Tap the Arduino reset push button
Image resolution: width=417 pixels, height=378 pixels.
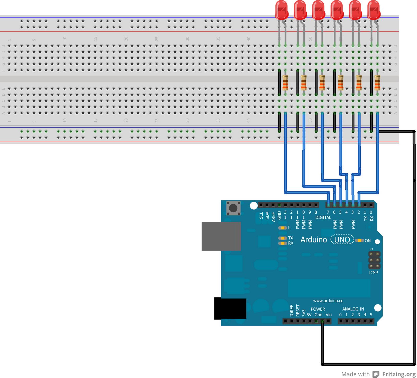(x=233, y=208)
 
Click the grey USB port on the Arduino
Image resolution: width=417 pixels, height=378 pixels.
(x=221, y=236)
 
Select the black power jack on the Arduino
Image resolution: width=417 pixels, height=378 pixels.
(x=230, y=309)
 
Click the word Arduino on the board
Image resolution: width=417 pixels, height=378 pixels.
(x=314, y=240)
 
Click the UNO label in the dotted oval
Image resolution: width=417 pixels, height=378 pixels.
(x=342, y=240)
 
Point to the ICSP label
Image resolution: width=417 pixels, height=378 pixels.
(x=373, y=273)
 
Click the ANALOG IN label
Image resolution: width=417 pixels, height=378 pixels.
(x=353, y=309)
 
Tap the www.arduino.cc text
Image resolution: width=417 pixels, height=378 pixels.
(x=328, y=300)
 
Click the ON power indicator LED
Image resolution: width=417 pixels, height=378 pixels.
(x=359, y=240)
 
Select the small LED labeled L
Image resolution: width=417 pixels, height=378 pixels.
(x=283, y=228)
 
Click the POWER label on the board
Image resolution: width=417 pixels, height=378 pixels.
(x=318, y=309)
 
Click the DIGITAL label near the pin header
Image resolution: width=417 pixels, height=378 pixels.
(x=323, y=217)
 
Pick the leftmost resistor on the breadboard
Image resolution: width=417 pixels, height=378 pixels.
(x=285, y=82)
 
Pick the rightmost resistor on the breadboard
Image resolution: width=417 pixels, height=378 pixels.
(x=377, y=82)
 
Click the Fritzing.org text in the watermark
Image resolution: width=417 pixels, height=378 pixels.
(x=399, y=374)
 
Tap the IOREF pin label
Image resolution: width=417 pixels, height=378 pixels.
(x=292, y=311)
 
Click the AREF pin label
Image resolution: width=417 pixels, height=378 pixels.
(x=273, y=217)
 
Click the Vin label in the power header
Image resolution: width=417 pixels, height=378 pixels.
(x=329, y=315)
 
